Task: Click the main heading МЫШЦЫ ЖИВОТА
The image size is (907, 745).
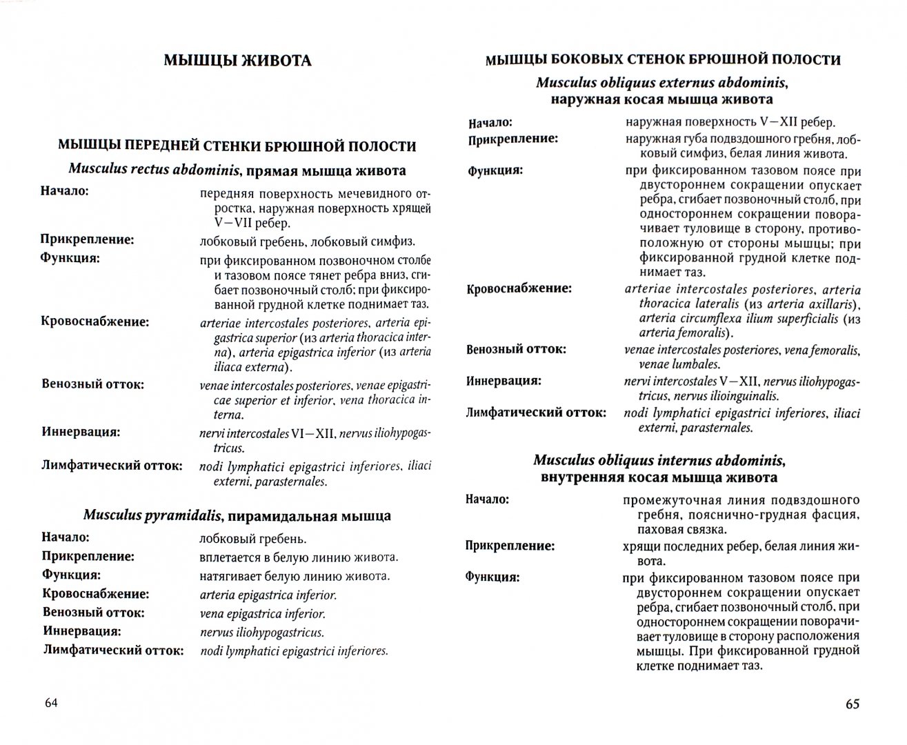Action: [237, 61]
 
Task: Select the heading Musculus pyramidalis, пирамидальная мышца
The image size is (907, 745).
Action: [237, 515]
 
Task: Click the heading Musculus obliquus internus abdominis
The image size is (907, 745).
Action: [659, 459]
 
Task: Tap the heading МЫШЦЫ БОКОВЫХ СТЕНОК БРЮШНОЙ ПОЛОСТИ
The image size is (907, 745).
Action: [662, 60]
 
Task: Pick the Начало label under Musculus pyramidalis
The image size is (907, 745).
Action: [66, 537]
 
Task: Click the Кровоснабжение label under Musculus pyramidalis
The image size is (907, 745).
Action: [96, 594]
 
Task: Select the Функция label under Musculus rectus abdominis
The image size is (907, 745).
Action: [70, 259]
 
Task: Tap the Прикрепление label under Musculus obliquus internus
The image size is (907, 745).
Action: [510, 546]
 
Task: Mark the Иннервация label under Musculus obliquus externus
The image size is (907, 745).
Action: [504, 380]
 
